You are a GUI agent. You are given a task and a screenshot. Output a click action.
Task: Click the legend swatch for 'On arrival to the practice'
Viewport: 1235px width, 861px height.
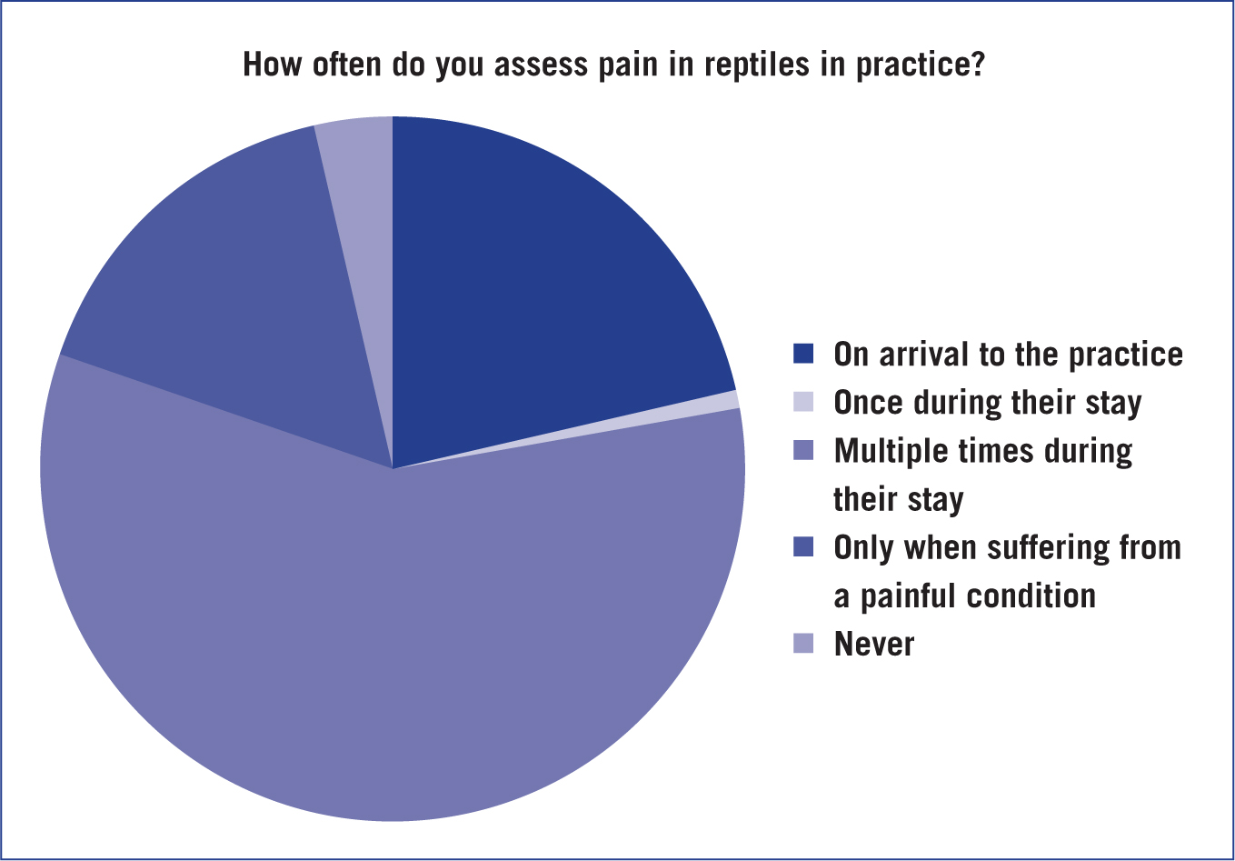(803, 354)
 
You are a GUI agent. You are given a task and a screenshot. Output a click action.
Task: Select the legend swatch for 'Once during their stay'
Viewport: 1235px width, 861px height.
(803, 402)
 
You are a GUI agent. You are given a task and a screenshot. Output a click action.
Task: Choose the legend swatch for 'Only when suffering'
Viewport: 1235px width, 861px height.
(803, 546)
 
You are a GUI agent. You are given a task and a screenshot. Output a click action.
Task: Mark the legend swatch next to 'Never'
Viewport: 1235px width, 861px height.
(803, 643)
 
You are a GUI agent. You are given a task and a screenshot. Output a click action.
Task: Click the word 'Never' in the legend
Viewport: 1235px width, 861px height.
(874, 644)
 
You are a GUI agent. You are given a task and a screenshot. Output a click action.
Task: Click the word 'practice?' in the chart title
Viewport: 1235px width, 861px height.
(921, 65)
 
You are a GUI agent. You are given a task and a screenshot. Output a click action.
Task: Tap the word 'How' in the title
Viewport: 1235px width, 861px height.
(273, 64)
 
